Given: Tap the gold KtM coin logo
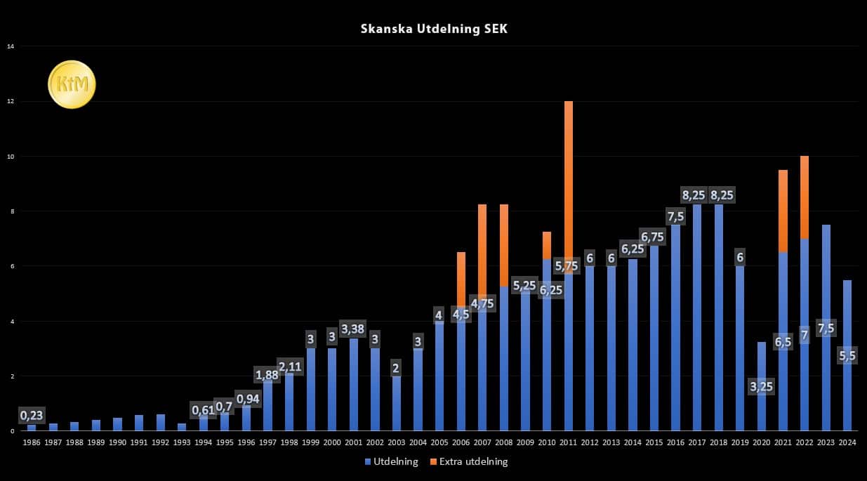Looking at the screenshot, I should tap(72, 84).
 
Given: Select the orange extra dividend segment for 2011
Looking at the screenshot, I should tap(569, 176).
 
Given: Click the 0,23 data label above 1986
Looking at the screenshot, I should tap(32, 416).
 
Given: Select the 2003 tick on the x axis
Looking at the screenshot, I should tap(397, 443).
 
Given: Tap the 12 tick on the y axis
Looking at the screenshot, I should tap(11, 101).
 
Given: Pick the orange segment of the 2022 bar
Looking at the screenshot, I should tap(805, 197).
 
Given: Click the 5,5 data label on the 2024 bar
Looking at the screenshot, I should tap(847, 356).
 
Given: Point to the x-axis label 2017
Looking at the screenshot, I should tap(697, 443).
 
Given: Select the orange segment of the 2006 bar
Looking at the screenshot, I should tap(461, 277).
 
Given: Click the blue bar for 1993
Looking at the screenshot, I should tap(182, 427).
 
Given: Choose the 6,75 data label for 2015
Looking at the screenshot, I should tap(654, 237).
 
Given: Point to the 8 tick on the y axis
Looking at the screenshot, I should tap(11, 211).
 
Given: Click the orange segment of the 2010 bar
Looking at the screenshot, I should tap(547, 244).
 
